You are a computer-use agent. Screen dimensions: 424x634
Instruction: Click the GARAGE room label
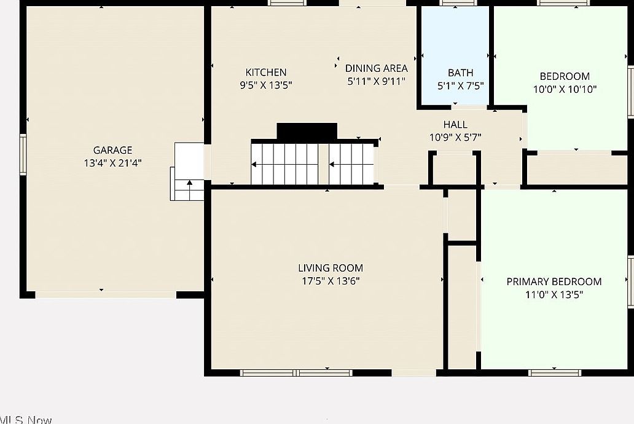112,150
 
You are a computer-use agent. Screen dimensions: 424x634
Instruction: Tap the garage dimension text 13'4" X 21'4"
112,163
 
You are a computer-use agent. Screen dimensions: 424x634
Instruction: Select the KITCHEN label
265,73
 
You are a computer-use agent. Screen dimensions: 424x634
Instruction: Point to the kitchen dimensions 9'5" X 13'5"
265,85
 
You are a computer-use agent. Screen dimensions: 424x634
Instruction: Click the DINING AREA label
376,68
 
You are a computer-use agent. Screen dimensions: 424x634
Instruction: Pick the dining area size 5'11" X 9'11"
376,81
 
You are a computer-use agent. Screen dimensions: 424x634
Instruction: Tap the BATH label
460,73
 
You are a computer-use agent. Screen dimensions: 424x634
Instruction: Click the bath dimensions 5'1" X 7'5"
460,86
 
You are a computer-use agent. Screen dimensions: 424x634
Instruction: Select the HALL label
455,125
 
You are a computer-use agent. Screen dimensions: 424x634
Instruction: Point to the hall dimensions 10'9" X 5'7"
455,138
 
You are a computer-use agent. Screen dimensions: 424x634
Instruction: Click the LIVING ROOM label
331,268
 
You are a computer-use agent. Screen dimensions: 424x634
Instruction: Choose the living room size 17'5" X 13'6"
331,281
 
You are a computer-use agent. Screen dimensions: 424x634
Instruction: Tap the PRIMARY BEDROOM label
554,281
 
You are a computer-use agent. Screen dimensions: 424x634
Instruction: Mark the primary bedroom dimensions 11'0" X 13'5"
554,294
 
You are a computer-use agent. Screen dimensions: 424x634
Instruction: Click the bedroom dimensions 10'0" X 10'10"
565,89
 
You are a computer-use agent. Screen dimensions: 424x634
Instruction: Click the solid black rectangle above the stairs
307,132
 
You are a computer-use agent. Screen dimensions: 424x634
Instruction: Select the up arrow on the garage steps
190,183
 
